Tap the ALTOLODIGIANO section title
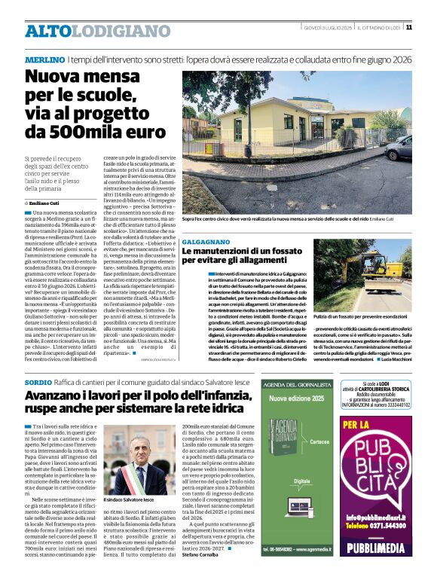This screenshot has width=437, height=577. pos(87,31)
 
